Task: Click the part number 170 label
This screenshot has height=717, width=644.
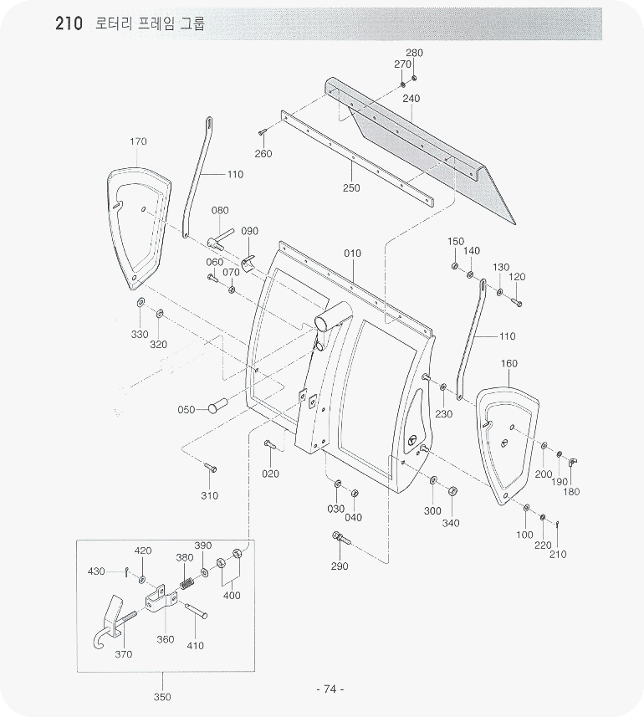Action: pos(139,141)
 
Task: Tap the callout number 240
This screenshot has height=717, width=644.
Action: pos(411,98)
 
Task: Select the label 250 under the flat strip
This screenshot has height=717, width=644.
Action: pos(351,188)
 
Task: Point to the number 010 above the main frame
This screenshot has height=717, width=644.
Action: pos(353,253)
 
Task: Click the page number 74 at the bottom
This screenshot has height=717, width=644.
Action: pos(330,689)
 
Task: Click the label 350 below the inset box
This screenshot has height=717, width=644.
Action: pos(162,697)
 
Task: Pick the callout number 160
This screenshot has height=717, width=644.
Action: pos(509,364)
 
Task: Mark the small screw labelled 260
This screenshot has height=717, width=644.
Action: pos(263,132)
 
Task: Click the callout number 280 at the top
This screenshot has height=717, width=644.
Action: pos(414,53)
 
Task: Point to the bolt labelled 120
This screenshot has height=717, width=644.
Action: pos(516,300)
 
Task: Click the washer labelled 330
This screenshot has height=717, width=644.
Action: pos(140,303)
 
